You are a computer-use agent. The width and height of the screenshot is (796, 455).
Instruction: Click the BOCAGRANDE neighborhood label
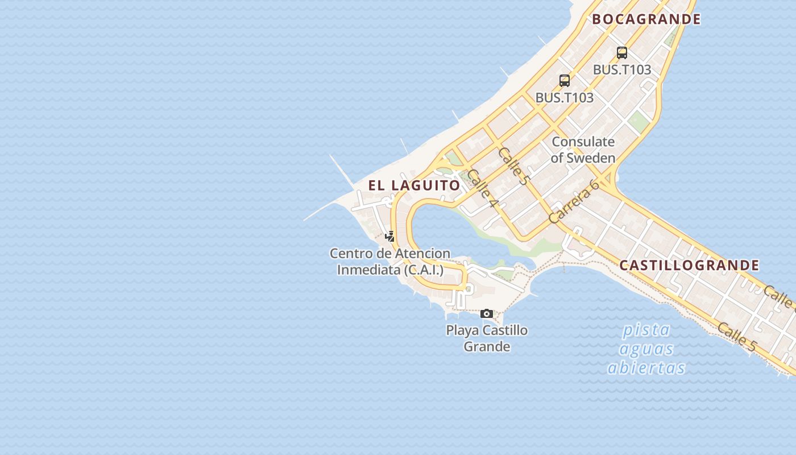pyautogui.click(x=646, y=19)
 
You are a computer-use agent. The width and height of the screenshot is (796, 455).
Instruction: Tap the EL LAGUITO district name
pyautogui.click(x=414, y=185)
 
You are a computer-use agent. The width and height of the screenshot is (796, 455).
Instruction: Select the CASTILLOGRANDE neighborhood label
pyautogui.click(x=689, y=265)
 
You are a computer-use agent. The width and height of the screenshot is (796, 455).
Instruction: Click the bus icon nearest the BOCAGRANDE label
pyautogui.click(x=622, y=53)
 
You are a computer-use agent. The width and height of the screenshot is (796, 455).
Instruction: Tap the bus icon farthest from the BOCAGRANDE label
pyautogui.click(x=565, y=81)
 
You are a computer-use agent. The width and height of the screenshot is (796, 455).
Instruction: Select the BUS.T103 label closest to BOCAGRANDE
pyautogui.click(x=622, y=69)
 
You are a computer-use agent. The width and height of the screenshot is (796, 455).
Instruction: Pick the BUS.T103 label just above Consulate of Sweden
pyautogui.click(x=565, y=97)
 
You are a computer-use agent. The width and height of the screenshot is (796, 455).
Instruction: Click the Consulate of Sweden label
pyautogui.click(x=583, y=150)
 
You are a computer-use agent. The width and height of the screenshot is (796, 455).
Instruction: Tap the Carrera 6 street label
pyautogui.click(x=574, y=201)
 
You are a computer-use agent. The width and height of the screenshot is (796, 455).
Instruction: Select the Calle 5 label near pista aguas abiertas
pyautogui.click(x=737, y=337)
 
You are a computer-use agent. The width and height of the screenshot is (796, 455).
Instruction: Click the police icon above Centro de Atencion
pyautogui.click(x=389, y=236)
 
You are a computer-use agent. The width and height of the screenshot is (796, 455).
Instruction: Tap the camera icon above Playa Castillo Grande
pyautogui.click(x=487, y=313)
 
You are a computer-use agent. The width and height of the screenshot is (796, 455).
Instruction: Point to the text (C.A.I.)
pyautogui.click(x=424, y=270)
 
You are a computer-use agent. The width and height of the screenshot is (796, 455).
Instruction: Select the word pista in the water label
pyautogui.click(x=646, y=330)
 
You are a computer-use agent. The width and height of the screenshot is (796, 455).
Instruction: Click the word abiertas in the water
pyautogui.click(x=646, y=368)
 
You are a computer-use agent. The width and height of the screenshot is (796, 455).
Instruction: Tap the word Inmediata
pyautogui.click(x=369, y=270)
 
